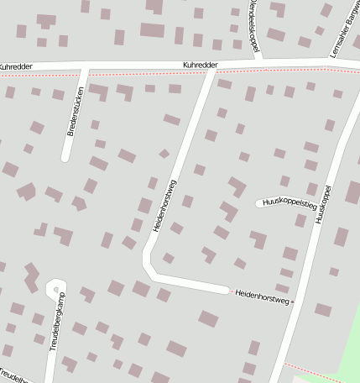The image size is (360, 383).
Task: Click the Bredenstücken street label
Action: pyautogui.click(x=76, y=112)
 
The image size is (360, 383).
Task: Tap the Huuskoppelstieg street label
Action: pyautogui.click(x=290, y=202)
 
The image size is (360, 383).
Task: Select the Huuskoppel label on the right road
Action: pyautogui.click(x=323, y=204)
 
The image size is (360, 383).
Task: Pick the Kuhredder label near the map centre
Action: pyautogui.click(x=201, y=65)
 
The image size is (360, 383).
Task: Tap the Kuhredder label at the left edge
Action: pyautogui.click(x=16, y=66)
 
